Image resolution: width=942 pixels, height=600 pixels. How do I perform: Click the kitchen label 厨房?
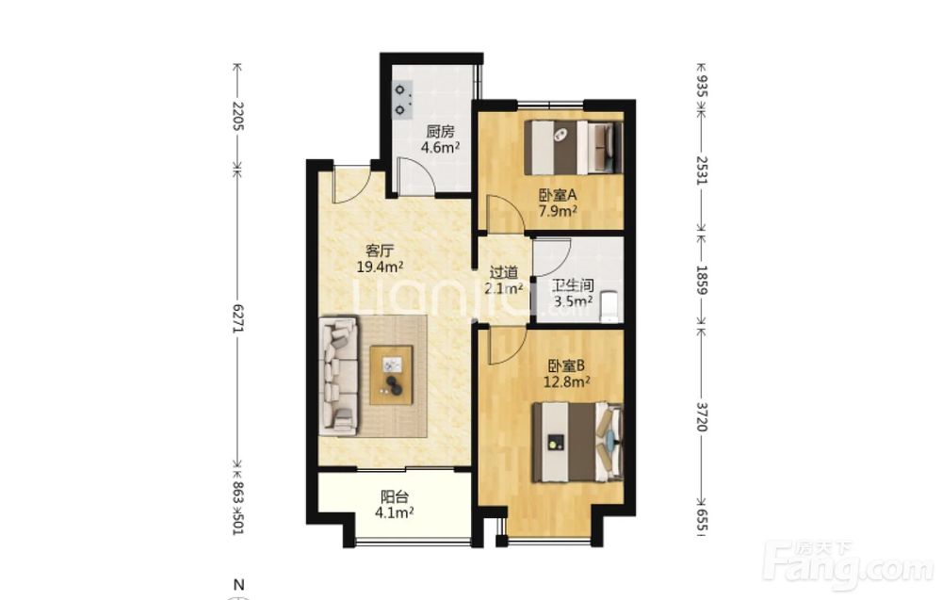coord(440,132)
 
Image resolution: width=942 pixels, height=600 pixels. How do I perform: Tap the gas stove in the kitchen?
coord(402,100)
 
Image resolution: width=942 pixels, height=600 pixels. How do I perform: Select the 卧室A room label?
coord(558,195)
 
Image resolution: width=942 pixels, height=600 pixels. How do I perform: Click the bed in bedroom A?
coord(573,148)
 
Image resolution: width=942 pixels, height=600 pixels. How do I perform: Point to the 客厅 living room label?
coord(380,251)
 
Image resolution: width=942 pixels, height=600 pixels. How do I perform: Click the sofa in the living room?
coord(340,377)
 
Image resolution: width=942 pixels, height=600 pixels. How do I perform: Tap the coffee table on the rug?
coord(391,376)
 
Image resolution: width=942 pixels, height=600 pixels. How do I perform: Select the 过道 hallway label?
coord(503,272)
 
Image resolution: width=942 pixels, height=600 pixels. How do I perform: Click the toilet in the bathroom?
coord(609,307)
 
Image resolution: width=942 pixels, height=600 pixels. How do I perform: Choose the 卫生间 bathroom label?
coord(573,284)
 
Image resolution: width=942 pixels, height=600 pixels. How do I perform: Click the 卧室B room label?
coord(566,365)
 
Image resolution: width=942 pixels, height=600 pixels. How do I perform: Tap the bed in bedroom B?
coord(577,442)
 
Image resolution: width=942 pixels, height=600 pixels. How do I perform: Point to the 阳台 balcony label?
coord(395,497)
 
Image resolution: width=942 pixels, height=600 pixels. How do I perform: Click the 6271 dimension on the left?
coord(238,319)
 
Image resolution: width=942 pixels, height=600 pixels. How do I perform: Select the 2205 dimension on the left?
coord(238,117)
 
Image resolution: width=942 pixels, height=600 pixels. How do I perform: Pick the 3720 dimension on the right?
coord(702,417)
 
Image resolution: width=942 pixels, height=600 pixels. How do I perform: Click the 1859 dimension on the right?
coord(702,280)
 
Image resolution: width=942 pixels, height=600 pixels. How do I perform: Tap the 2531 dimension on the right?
coord(702,170)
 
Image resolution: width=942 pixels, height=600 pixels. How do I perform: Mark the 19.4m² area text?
coord(380,267)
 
